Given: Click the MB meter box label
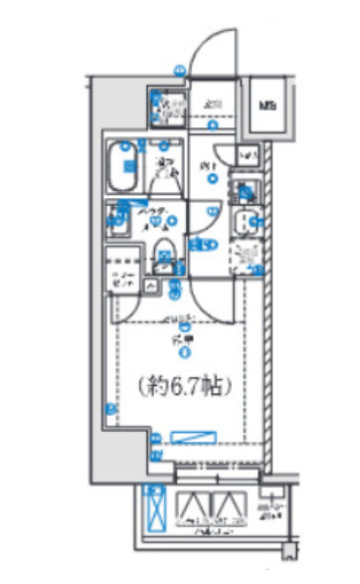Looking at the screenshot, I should pyautogui.click(x=268, y=103).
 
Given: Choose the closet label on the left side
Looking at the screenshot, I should pyautogui.click(x=122, y=280).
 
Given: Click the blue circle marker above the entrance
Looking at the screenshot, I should pyautogui.click(x=179, y=70).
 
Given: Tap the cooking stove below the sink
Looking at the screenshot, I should pyautogui.click(x=244, y=257).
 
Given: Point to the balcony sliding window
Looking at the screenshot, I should pyautogui.click(x=214, y=460).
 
